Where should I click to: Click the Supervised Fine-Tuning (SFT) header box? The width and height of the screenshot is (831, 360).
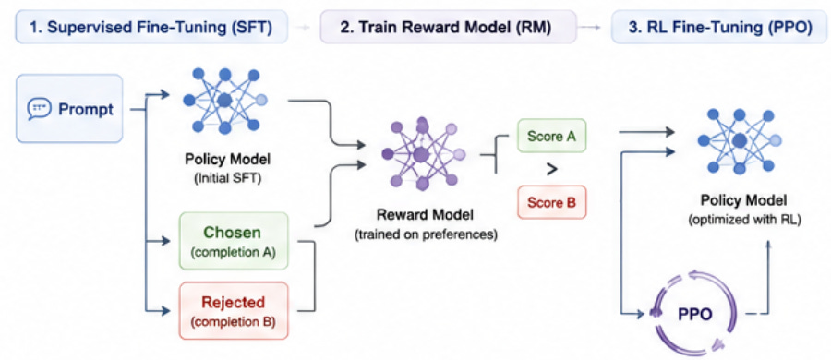point(152,28)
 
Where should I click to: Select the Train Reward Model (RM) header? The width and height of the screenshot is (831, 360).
point(448,28)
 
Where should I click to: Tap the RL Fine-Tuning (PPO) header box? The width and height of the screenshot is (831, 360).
point(719,28)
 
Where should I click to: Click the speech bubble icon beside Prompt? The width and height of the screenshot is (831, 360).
point(39,109)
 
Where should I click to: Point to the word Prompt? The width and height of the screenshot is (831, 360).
point(86,109)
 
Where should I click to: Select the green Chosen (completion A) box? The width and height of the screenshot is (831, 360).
point(234,241)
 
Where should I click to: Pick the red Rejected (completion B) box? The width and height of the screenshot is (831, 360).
point(234,311)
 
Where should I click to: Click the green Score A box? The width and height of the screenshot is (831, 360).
point(552,137)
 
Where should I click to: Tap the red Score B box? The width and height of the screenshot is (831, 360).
point(552,202)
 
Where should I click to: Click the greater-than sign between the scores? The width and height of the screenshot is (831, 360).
point(552,170)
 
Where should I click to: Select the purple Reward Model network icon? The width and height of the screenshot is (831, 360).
point(421,154)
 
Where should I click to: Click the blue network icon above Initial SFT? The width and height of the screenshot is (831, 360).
point(224,100)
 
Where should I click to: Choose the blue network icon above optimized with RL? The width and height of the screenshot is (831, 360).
point(740,140)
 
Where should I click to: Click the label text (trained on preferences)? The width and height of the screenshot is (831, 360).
point(426,234)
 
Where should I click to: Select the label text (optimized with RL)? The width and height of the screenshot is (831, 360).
point(744,220)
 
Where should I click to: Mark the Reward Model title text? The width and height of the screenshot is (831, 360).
point(426,215)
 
